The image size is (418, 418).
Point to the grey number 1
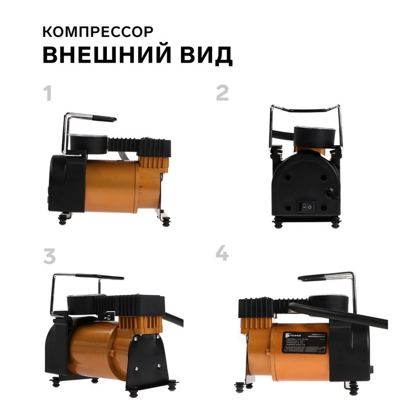point(48,94)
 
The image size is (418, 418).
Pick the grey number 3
point(49,255)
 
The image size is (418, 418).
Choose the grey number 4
point(222,253)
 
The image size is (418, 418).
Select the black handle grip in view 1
point(96,119)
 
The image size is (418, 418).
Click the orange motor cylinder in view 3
point(96,352)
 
